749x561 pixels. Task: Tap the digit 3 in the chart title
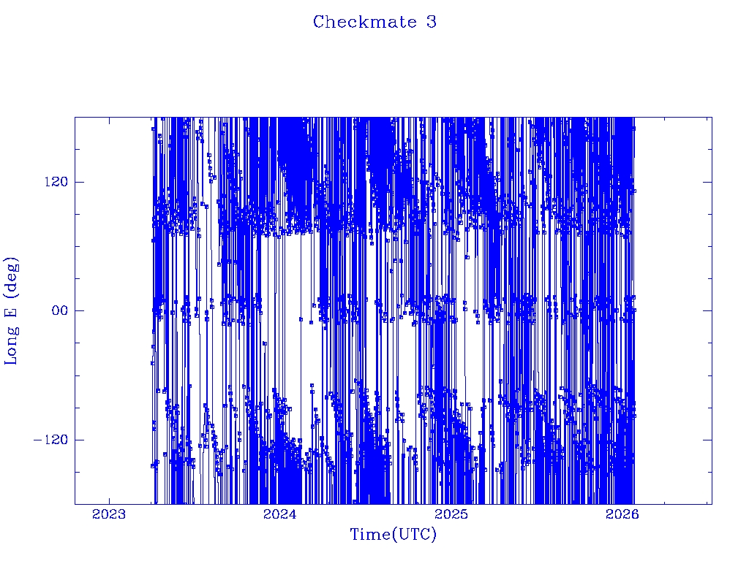tap(432, 22)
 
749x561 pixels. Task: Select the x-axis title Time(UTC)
tap(393, 535)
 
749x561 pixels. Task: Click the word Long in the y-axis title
tap(12, 346)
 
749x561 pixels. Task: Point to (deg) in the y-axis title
tap(12, 273)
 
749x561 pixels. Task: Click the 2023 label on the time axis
tap(109, 515)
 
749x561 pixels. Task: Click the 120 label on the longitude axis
tap(54, 182)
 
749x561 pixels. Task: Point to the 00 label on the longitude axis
tap(58, 310)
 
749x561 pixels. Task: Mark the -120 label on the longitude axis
tap(50, 440)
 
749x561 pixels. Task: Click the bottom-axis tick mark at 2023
tap(109, 500)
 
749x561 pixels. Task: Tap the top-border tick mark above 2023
tap(109, 121)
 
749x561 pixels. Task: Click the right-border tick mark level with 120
tap(707, 182)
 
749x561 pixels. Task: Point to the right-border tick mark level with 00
tap(707, 310)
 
